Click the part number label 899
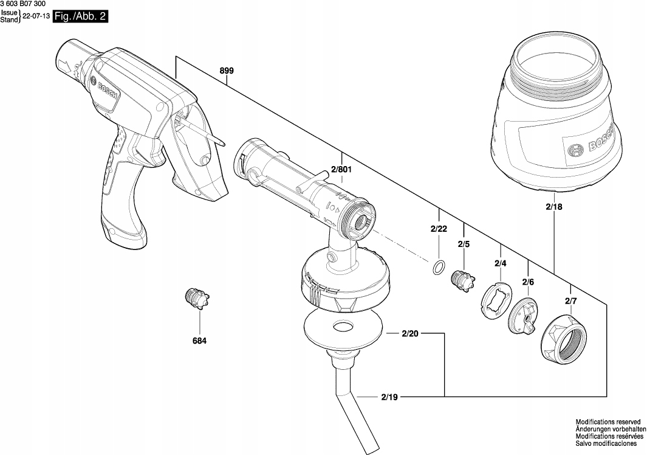pyautogui.click(x=226, y=71)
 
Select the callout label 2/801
pyautogui.click(x=342, y=170)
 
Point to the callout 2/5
pyautogui.click(x=464, y=244)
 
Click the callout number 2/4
pyautogui.click(x=501, y=263)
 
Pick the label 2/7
pyautogui.click(x=570, y=301)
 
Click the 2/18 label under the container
pyautogui.click(x=554, y=207)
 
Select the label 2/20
pyautogui.click(x=411, y=333)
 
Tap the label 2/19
pyautogui.click(x=389, y=397)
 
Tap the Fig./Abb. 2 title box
pyautogui.click(x=80, y=17)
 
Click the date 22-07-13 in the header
pyautogui.click(x=36, y=17)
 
